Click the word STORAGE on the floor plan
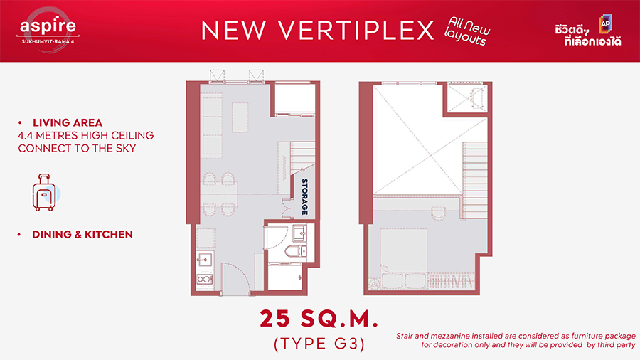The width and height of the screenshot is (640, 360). coord(304,196)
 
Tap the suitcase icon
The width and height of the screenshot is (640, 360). coord(44,192)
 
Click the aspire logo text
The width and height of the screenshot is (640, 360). coord(48,26)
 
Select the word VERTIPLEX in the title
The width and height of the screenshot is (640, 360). coord(356,30)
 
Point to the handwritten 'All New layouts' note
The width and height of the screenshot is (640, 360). coord(467,31)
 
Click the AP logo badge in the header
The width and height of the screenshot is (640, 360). coord(605,23)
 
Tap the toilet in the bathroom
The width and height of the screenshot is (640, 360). coord(296,251)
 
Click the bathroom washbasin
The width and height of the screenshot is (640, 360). coord(300,233)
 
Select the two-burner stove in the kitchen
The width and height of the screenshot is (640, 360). coord(205,280)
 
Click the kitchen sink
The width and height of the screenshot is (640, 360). coord(205,259)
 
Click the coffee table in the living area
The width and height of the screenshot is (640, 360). coord(240,117)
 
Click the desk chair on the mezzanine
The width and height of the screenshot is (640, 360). coord(438,213)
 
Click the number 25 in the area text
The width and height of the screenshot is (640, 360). coord(275,318)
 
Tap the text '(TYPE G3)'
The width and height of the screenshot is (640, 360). coord(319,344)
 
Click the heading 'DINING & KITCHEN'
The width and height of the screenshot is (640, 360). coord(82,234)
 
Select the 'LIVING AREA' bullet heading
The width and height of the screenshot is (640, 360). coord(68,122)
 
